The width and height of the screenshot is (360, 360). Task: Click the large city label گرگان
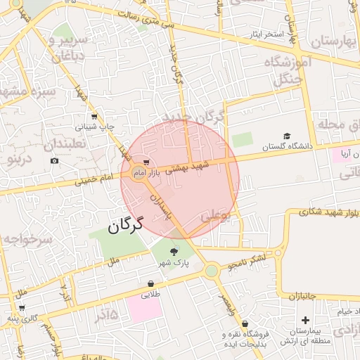(126, 226)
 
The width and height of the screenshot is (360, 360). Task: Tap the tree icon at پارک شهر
(174, 251)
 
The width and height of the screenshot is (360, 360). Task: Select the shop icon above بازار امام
(146, 162)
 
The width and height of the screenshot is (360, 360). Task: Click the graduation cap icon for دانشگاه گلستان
(286, 136)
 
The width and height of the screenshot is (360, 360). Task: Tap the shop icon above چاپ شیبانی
(94, 117)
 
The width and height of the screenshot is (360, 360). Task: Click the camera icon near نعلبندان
(55, 161)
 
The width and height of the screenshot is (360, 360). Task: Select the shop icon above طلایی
(150, 284)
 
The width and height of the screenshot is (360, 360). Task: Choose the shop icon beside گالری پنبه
(22, 307)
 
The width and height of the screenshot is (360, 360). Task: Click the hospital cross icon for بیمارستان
(305, 320)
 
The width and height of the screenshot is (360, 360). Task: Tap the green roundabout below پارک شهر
(211, 271)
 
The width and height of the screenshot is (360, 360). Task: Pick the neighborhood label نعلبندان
(65, 143)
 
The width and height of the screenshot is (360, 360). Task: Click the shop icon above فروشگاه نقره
(245, 324)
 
